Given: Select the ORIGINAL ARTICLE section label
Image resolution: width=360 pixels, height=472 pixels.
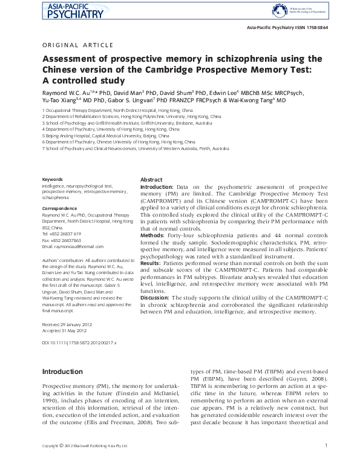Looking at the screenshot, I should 77,45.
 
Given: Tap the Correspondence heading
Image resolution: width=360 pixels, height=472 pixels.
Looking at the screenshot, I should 60,208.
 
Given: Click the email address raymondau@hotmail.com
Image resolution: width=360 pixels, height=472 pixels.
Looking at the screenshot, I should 70,246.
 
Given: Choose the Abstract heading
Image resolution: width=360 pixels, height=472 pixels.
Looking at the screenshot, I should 151,180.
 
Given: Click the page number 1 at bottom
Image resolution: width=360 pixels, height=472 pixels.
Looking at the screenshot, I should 326,463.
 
